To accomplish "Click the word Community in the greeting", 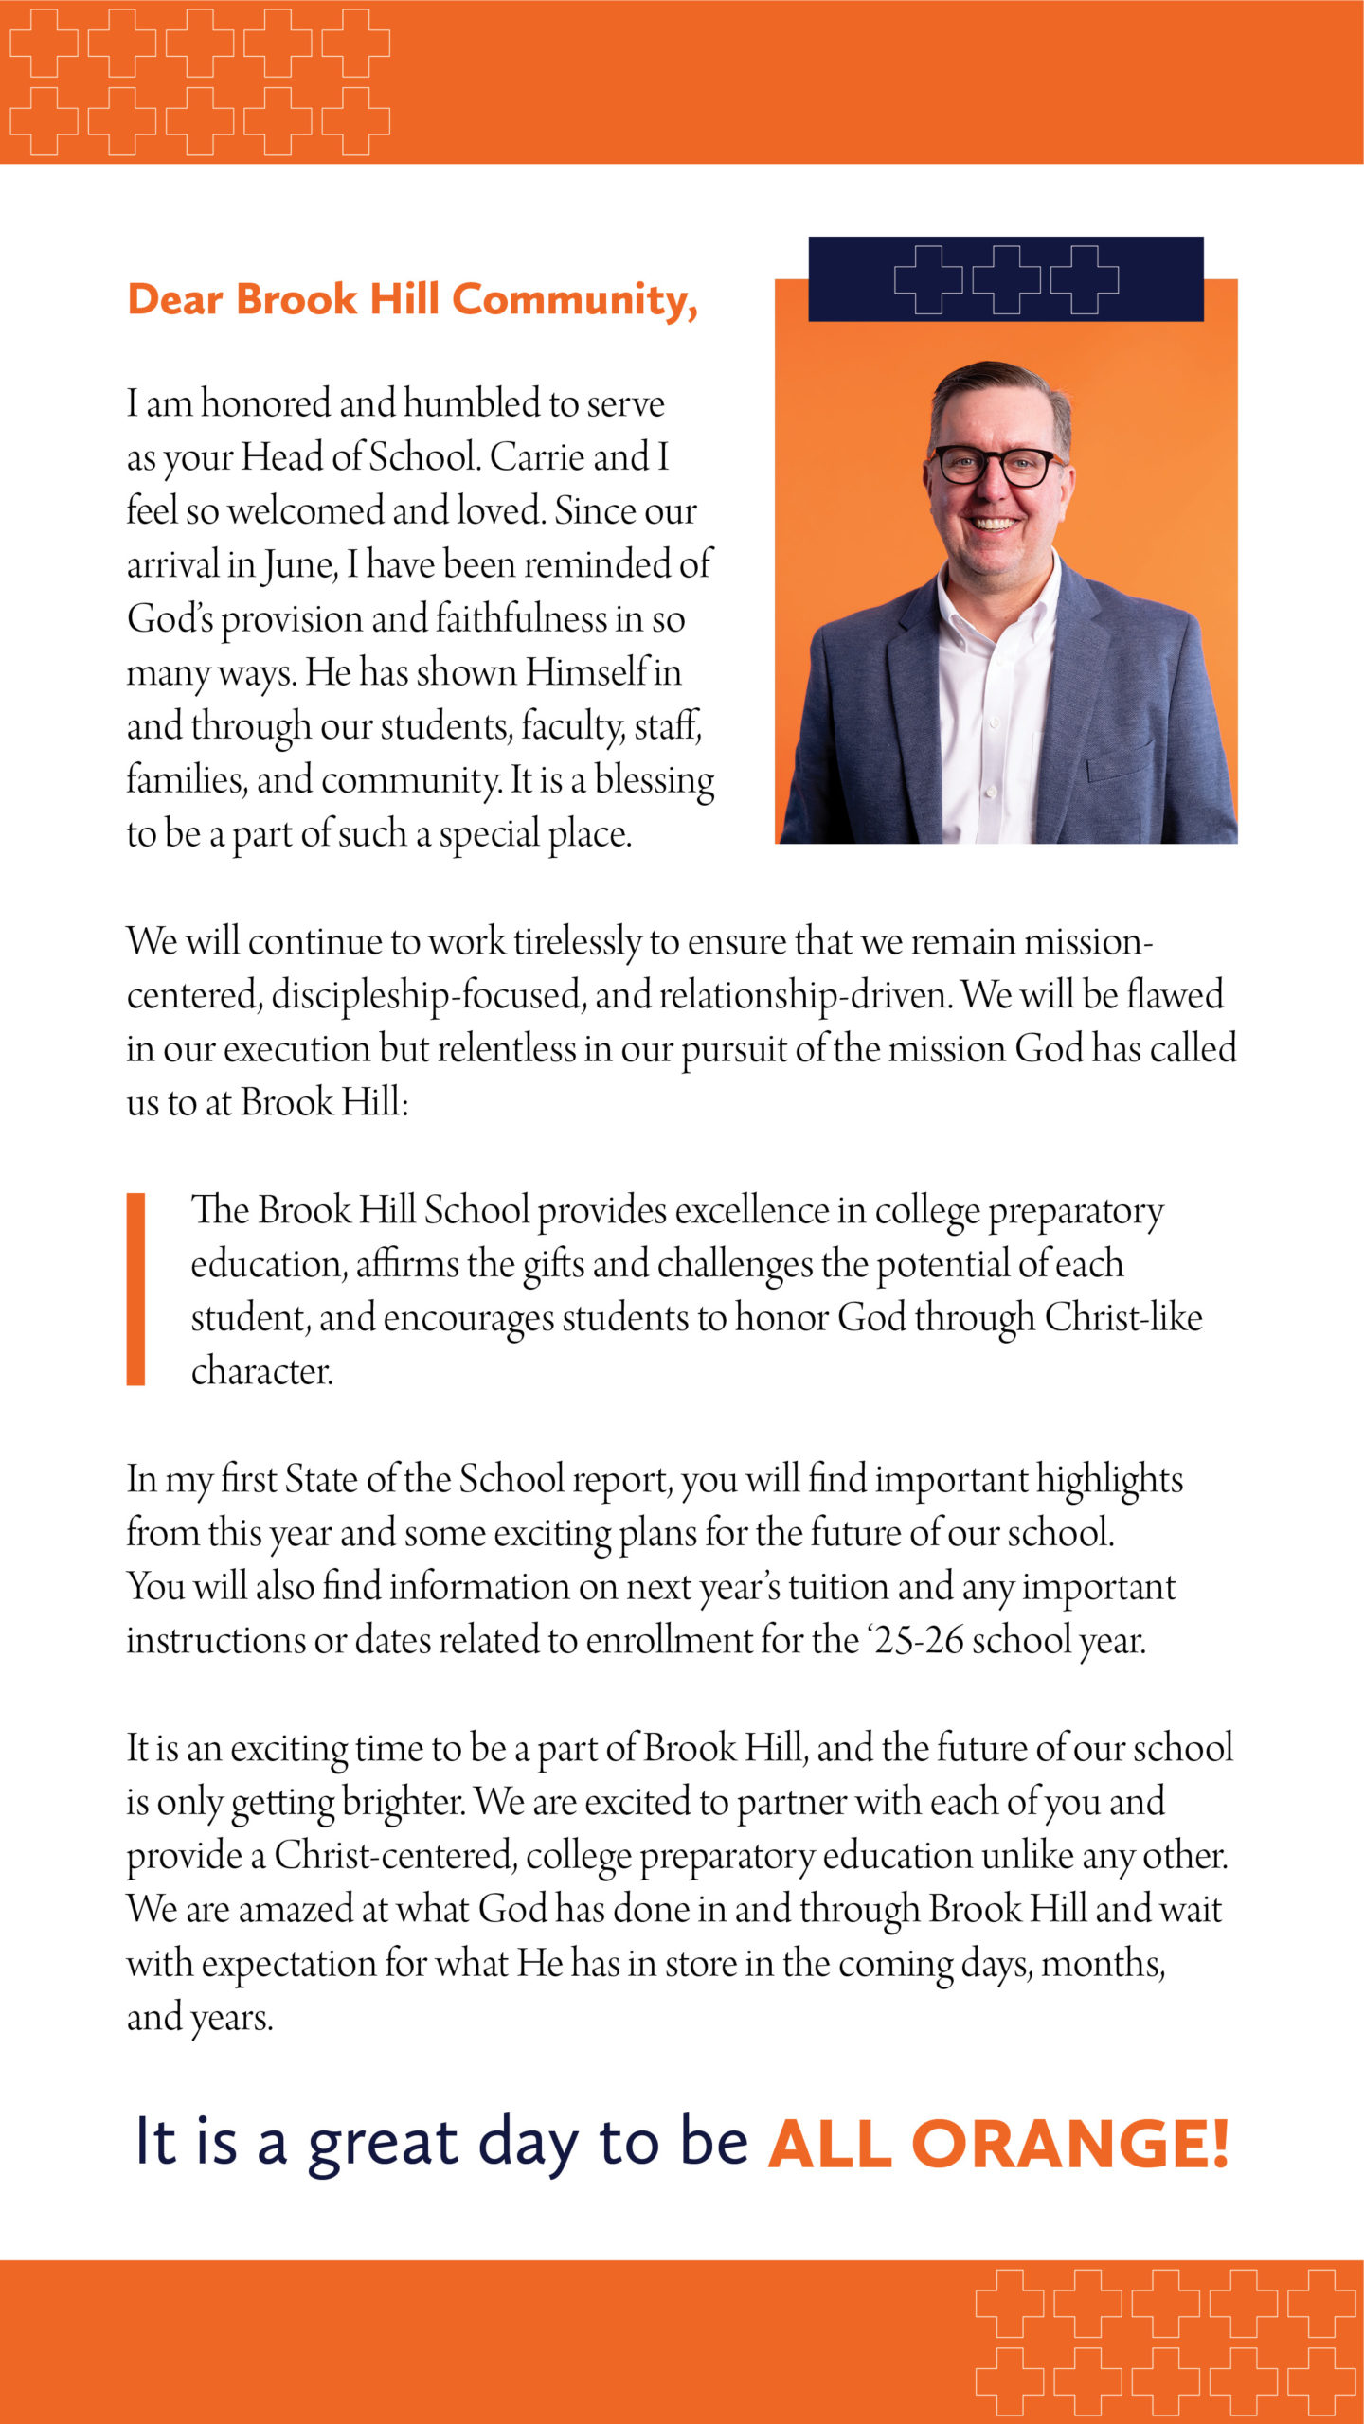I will [x=574, y=300].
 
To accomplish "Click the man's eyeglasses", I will [x=995, y=465].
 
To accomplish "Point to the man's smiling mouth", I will [x=994, y=523].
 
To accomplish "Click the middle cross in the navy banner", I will [x=1006, y=279].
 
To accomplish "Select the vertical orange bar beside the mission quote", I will [x=135, y=1290].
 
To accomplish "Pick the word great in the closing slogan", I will [x=383, y=2145].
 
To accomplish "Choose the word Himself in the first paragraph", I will [x=587, y=672].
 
